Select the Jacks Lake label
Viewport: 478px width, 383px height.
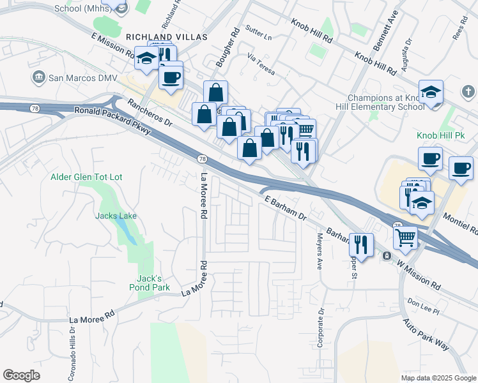coord(116,216)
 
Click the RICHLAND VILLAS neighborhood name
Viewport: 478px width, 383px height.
coord(167,38)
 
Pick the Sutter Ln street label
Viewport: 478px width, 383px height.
coord(259,34)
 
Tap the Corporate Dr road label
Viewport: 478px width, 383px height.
coord(321,328)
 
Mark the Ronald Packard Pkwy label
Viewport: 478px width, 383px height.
coord(112,121)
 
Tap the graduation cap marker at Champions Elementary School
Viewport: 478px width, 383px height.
coord(431,91)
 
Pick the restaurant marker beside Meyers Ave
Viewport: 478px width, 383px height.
coord(362,244)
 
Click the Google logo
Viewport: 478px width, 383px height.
coord(21,375)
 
